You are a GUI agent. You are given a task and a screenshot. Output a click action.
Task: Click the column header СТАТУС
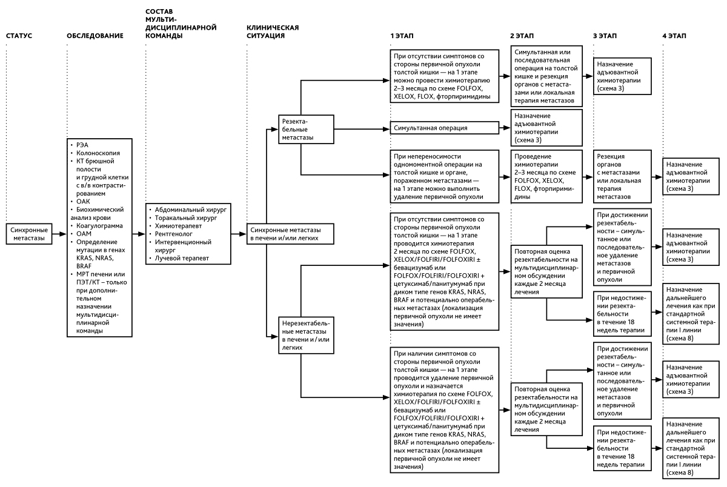point(19,36)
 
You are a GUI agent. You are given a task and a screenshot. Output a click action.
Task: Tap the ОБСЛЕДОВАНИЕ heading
point(95,36)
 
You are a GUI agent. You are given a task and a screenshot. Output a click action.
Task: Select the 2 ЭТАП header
point(522,36)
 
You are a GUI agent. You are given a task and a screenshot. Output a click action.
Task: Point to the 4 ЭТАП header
point(674,36)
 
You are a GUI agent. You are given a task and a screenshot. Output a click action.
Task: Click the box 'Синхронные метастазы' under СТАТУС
point(29,234)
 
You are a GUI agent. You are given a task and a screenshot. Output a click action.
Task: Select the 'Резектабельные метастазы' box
point(306,129)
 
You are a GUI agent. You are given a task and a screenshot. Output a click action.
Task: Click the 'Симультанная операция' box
point(444,128)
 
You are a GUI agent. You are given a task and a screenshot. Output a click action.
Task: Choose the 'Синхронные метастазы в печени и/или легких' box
point(290,234)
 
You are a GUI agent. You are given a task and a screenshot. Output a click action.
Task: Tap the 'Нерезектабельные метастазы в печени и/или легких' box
point(306,335)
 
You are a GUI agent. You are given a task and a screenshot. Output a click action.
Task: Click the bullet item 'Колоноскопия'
point(98,153)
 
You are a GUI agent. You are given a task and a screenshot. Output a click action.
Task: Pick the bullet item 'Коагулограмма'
point(99,225)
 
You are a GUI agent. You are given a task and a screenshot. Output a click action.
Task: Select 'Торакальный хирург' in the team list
point(185,217)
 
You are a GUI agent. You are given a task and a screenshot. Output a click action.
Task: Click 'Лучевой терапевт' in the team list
point(182,258)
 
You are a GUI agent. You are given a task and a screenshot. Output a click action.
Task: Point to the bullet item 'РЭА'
point(82,145)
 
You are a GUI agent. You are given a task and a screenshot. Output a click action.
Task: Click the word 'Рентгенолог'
point(174,234)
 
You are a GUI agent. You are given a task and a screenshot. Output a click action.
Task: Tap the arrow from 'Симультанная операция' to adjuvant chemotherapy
point(505,128)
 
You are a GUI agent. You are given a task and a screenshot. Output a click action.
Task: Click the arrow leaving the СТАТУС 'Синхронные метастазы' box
point(59,234)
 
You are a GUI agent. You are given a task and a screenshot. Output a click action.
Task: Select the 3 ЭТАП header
point(605,36)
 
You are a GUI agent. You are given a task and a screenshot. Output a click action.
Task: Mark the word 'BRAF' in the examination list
point(84,266)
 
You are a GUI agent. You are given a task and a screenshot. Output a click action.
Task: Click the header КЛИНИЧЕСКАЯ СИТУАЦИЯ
point(273,31)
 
